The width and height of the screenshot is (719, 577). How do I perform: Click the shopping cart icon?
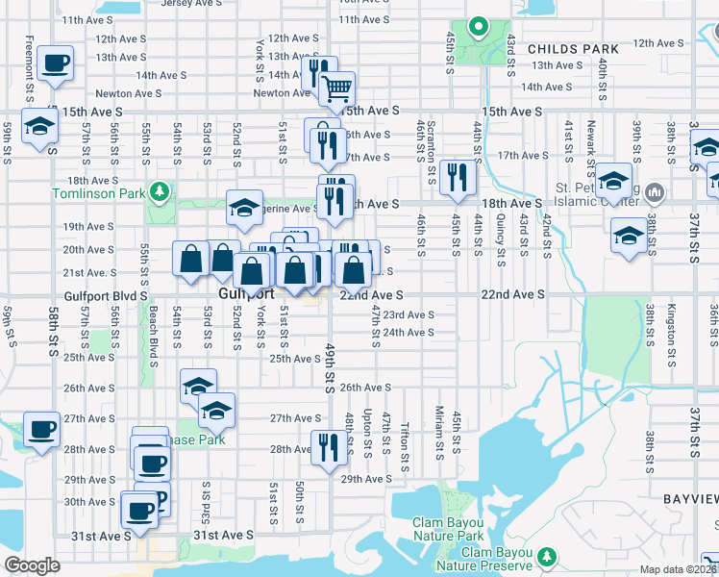click(336, 88)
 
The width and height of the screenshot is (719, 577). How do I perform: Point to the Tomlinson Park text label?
click(93, 195)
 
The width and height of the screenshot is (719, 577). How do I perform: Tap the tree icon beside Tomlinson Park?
click(158, 195)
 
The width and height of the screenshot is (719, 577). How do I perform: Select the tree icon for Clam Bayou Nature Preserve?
click(548, 558)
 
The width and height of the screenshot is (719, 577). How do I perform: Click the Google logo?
click(33, 565)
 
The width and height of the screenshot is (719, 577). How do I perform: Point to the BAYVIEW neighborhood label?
click(690, 499)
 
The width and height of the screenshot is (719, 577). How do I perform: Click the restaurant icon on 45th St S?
click(457, 177)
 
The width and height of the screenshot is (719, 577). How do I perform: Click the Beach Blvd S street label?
click(154, 337)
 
